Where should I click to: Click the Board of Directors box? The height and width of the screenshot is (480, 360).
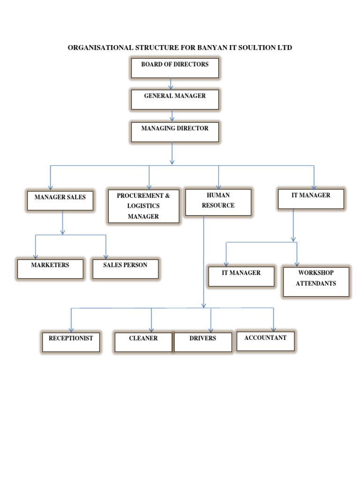pyautogui.click(x=174, y=68)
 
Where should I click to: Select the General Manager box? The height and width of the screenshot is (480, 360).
pyautogui.click(x=174, y=99)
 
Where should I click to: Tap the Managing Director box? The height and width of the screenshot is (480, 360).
pyautogui.click(x=174, y=132)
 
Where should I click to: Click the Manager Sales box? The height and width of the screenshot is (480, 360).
pyautogui.click(x=60, y=200)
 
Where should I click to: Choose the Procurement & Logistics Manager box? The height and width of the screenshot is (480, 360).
pyautogui.click(x=143, y=206)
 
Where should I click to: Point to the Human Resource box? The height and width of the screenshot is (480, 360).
pyautogui.click(x=218, y=202)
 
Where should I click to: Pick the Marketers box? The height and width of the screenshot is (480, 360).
pyautogui.click(x=50, y=269)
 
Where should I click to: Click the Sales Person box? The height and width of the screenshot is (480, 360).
pyautogui.click(x=125, y=269)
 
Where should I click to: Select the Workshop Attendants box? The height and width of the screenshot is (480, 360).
pyautogui.click(x=316, y=282)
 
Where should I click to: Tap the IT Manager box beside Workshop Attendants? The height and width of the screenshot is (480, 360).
pyautogui.click(x=241, y=277)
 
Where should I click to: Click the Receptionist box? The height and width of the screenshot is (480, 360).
pyautogui.click(x=71, y=342)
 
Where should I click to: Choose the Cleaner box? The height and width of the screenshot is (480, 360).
pyautogui.click(x=143, y=342)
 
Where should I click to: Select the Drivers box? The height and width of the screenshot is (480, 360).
pyautogui.click(x=203, y=342)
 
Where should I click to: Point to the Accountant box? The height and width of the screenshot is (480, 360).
pyautogui.click(x=265, y=341)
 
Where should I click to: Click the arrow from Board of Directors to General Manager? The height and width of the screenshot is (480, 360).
pyautogui.click(x=171, y=84)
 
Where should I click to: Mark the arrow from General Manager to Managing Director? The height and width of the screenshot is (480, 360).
pyautogui.click(x=172, y=115)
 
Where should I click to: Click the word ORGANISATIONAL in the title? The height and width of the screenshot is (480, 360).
pyautogui.click(x=98, y=48)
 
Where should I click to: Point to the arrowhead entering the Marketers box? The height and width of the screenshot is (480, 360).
pyautogui.click(x=36, y=255)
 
